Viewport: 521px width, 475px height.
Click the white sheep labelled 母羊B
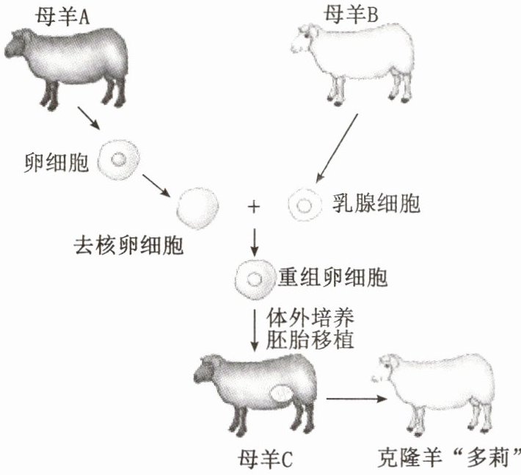[x=351, y=62]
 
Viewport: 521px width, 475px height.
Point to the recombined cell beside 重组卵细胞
[x=252, y=280]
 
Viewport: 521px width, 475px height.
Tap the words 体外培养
[x=308, y=319]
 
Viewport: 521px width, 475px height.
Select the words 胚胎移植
[x=308, y=341]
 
